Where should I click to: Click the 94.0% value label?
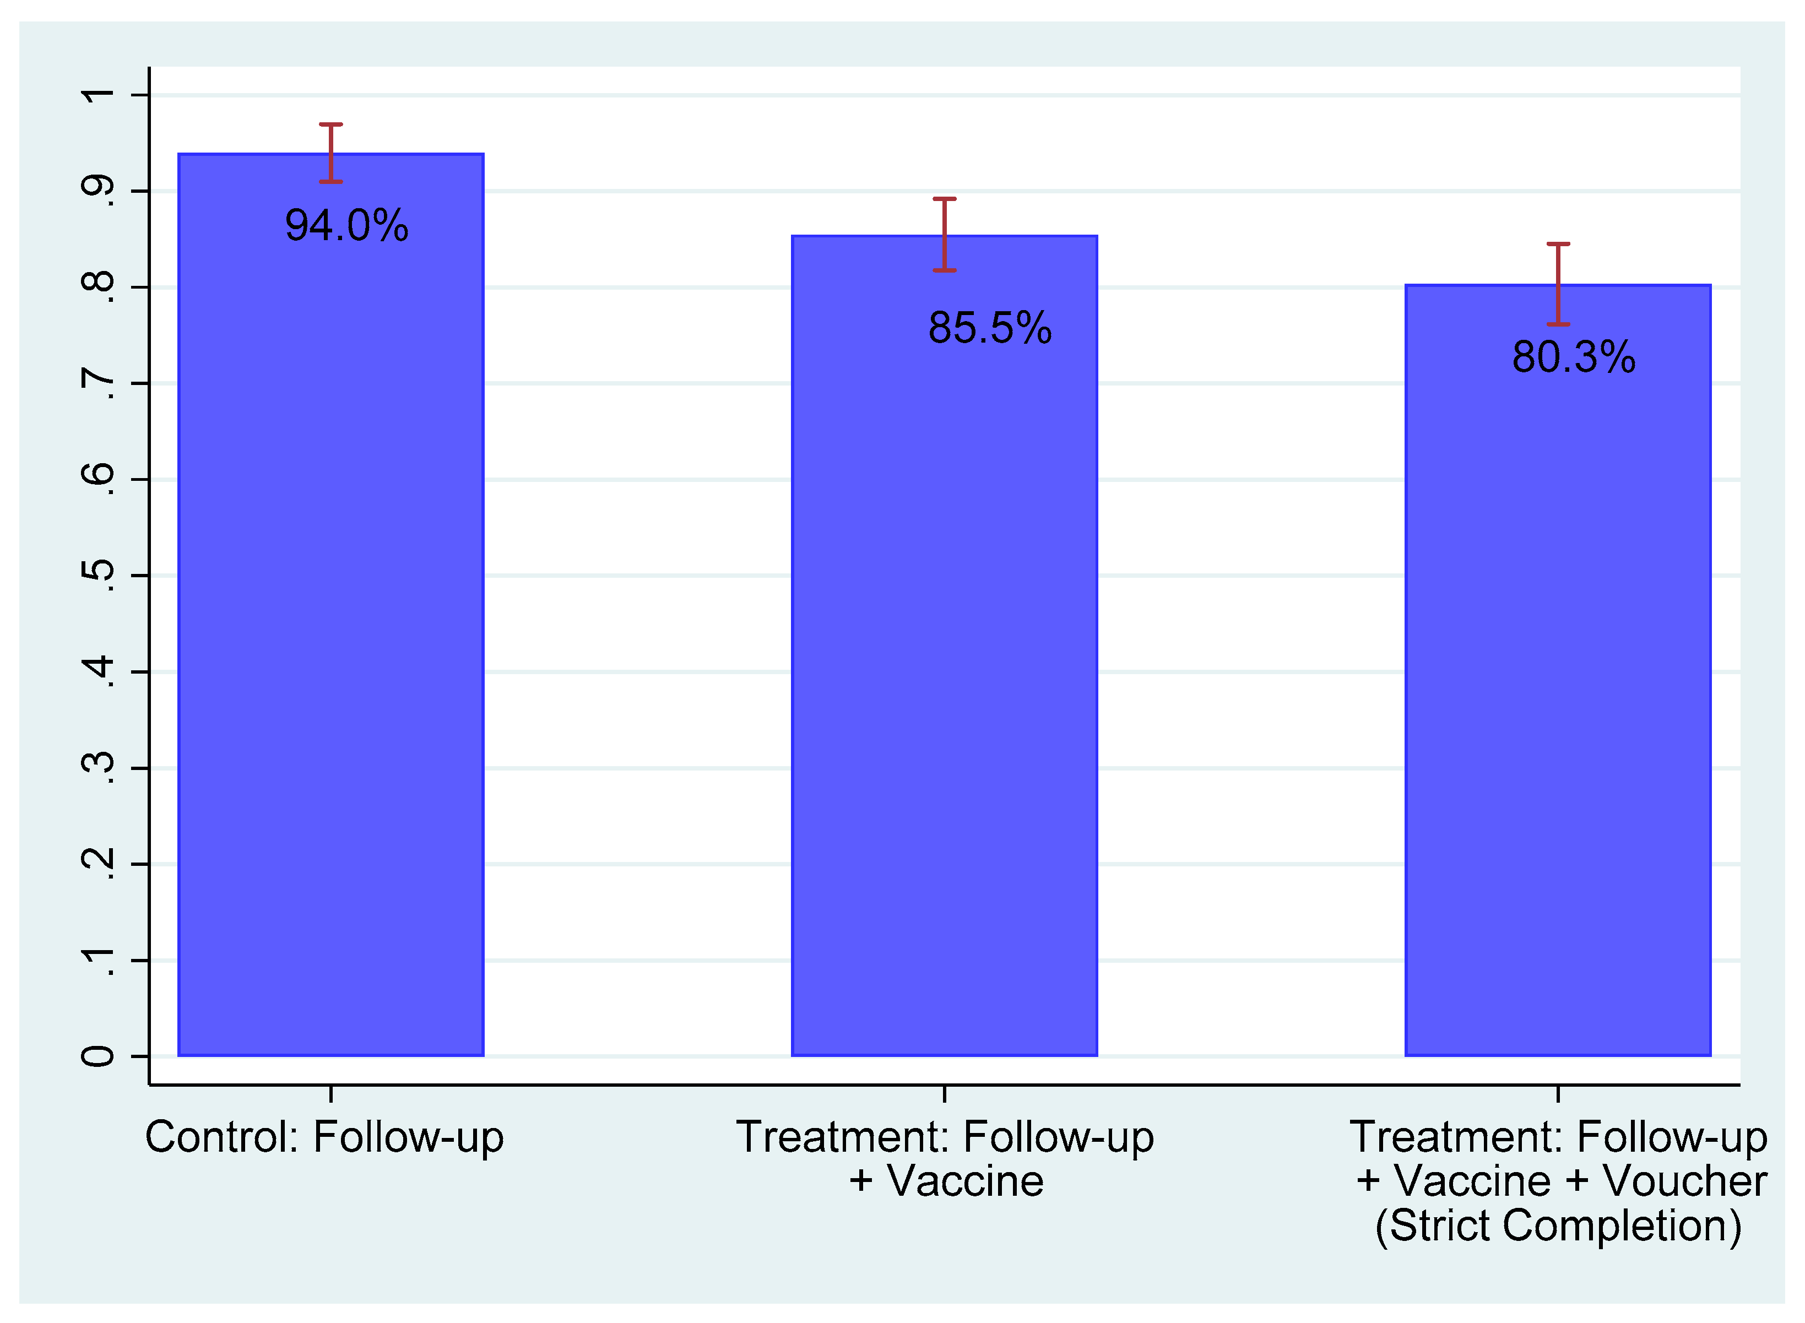point(347,225)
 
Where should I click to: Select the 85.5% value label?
point(990,328)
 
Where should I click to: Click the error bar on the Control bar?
point(330,154)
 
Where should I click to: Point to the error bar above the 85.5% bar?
point(945,235)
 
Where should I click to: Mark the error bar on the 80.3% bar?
point(1558,284)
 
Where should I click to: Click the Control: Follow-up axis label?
point(324,1137)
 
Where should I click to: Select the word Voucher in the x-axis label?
point(1685,1181)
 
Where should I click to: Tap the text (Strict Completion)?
point(1558,1226)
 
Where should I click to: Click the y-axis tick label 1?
point(99,95)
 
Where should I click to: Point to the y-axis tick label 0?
point(99,1057)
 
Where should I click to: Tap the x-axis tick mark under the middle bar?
point(945,1094)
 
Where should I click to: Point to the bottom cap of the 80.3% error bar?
point(1558,324)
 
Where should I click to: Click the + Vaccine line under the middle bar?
point(946,1181)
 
